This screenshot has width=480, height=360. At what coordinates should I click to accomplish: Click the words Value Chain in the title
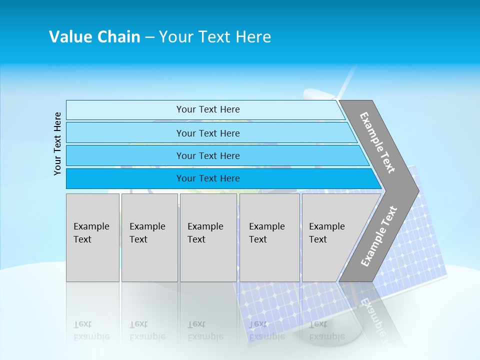[94, 37]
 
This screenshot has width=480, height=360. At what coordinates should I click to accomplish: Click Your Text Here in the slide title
[215, 37]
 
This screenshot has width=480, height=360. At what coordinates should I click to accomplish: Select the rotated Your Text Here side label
[57, 143]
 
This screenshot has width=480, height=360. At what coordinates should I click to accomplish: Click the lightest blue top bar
[125, 110]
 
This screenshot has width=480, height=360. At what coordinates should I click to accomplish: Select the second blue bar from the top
[125, 133]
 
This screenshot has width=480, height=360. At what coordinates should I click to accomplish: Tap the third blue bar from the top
[125, 155]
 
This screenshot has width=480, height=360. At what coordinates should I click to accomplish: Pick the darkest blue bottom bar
[125, 178]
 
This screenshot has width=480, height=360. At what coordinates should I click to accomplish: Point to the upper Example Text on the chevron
[377, 142]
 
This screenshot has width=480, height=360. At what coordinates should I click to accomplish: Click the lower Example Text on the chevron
[379, 236]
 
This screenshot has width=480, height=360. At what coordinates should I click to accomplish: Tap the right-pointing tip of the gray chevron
[415, 190]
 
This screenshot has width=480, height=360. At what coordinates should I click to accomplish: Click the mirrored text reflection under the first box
[91, 330]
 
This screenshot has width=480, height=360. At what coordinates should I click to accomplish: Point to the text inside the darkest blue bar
[208, 178]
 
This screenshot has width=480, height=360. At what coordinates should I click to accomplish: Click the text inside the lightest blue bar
[208, 109]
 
